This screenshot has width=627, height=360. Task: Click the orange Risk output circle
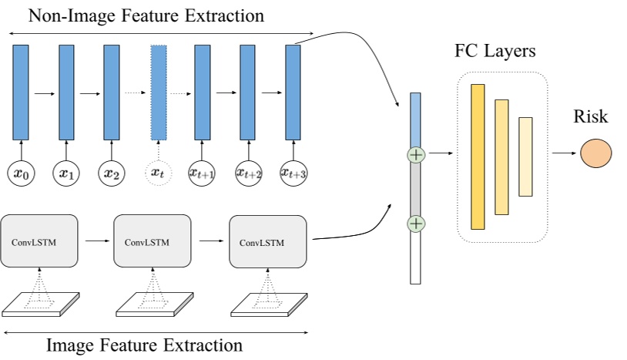pos(596,153)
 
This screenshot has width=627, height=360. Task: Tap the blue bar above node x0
pos(21,92)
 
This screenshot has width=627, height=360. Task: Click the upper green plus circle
pos(416,155)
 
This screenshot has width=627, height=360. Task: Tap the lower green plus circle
pos(416,224)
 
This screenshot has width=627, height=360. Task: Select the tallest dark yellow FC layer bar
pos(478,156)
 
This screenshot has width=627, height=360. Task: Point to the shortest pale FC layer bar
pos(525,156)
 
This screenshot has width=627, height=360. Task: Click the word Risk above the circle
pos(590,117)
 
